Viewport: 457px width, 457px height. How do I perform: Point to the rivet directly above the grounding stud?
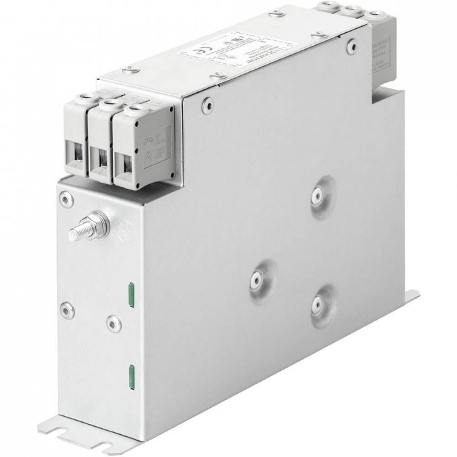click(64, 197)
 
